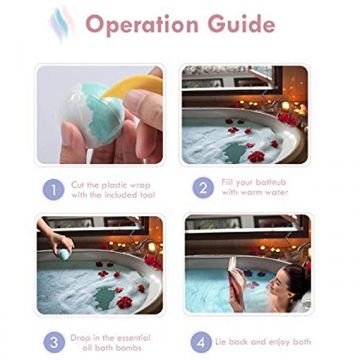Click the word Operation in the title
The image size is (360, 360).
[142, 25]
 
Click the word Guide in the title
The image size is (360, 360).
[242, 24]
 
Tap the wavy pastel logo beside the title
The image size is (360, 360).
[62, 24]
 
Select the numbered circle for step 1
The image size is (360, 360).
[54, 190]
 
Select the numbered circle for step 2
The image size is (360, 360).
[203, 188]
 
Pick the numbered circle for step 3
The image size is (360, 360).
[54, 342]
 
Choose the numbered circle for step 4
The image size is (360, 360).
[201, 342]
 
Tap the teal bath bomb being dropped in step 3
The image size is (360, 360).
[63, 254]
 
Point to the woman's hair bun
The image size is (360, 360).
[298, 278]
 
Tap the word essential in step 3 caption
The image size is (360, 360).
[134, 338]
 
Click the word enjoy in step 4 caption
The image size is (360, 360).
[280, 342]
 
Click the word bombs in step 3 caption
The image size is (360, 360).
[129, 348]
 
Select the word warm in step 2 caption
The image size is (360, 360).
[250, 192]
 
